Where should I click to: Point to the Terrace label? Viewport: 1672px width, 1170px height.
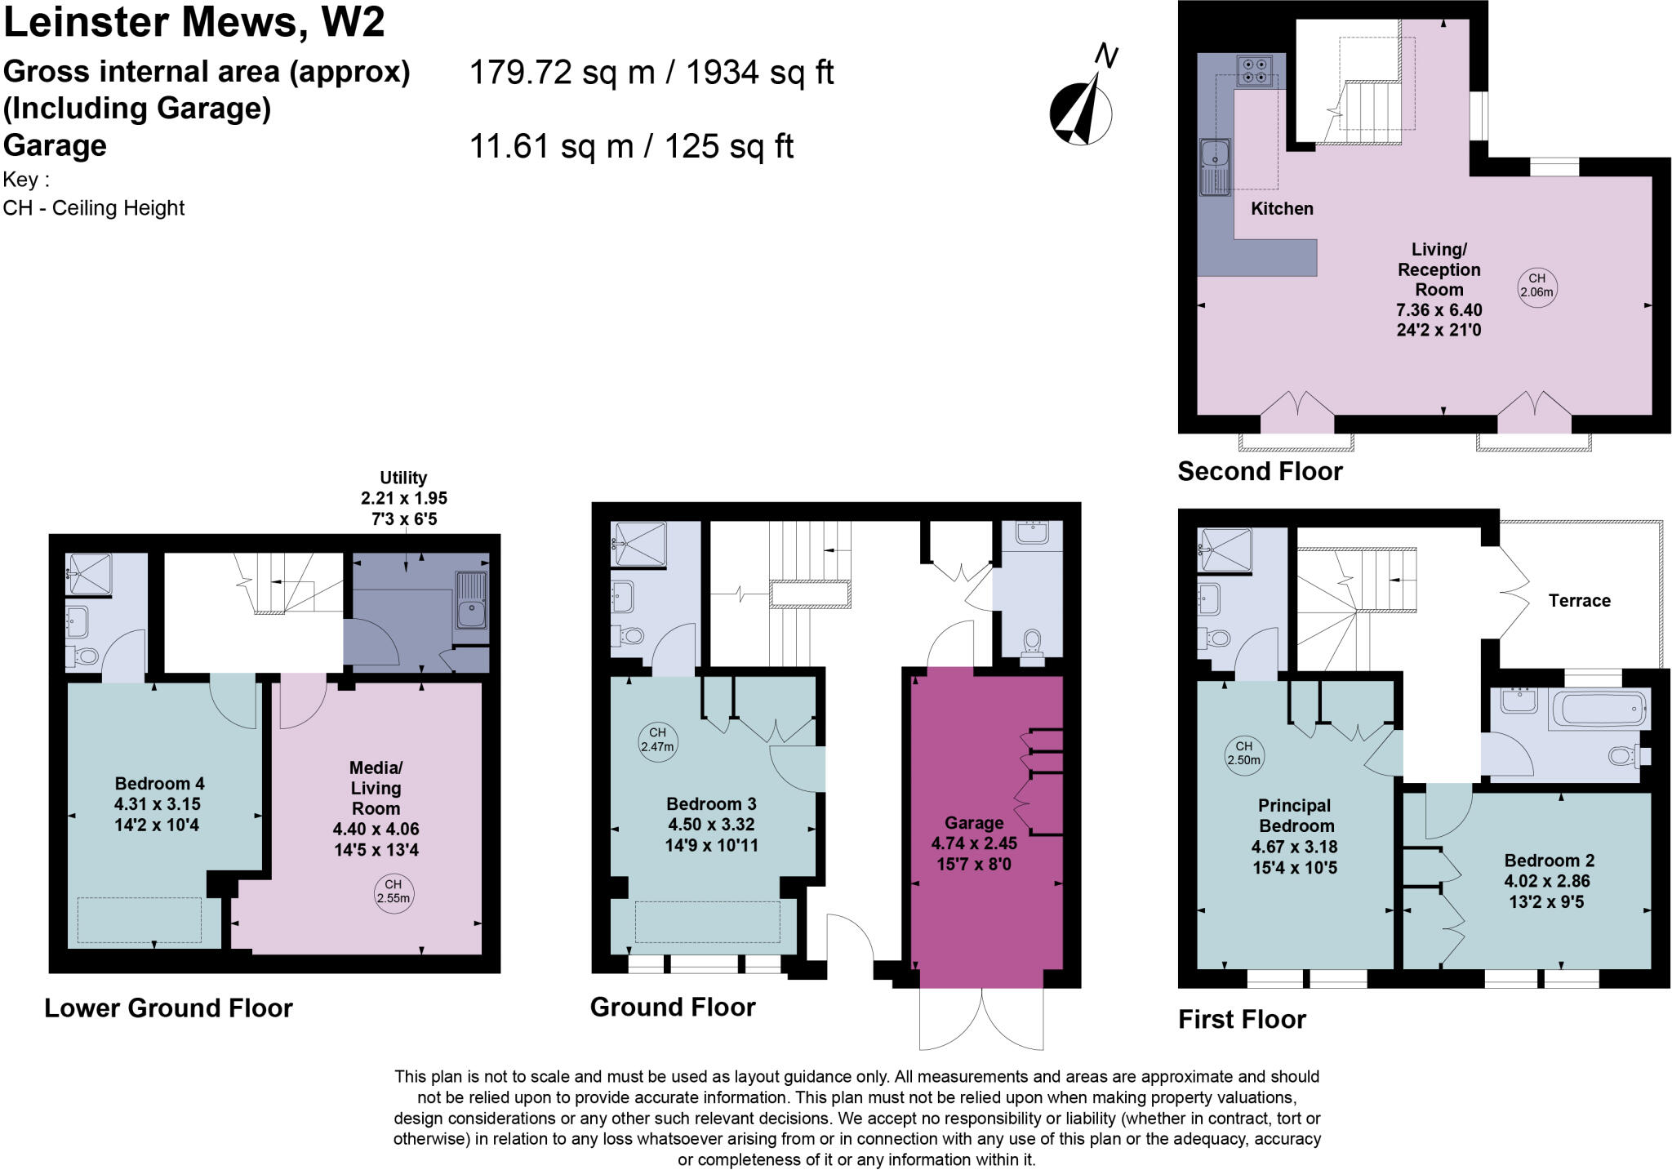pos(1579,601)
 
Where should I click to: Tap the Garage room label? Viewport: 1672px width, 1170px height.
pos(973,823)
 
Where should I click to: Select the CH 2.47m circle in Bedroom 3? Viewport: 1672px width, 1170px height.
pos(657,740)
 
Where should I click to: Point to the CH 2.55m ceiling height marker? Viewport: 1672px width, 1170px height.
pos(393,891)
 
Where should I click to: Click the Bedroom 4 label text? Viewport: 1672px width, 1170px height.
pos(159,783)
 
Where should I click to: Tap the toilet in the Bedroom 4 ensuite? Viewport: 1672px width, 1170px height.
pos(84,655)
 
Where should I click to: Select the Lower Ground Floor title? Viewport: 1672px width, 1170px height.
pos(168,1008)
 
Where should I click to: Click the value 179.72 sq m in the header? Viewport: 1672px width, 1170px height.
pos(562,73)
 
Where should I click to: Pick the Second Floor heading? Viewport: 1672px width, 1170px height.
pos(1260,472)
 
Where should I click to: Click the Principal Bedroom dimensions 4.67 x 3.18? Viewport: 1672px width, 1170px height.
pos(1294,847)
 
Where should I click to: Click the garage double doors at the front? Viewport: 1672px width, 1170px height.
pos(981,1018)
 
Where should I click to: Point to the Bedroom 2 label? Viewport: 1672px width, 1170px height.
pos(1549,861)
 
